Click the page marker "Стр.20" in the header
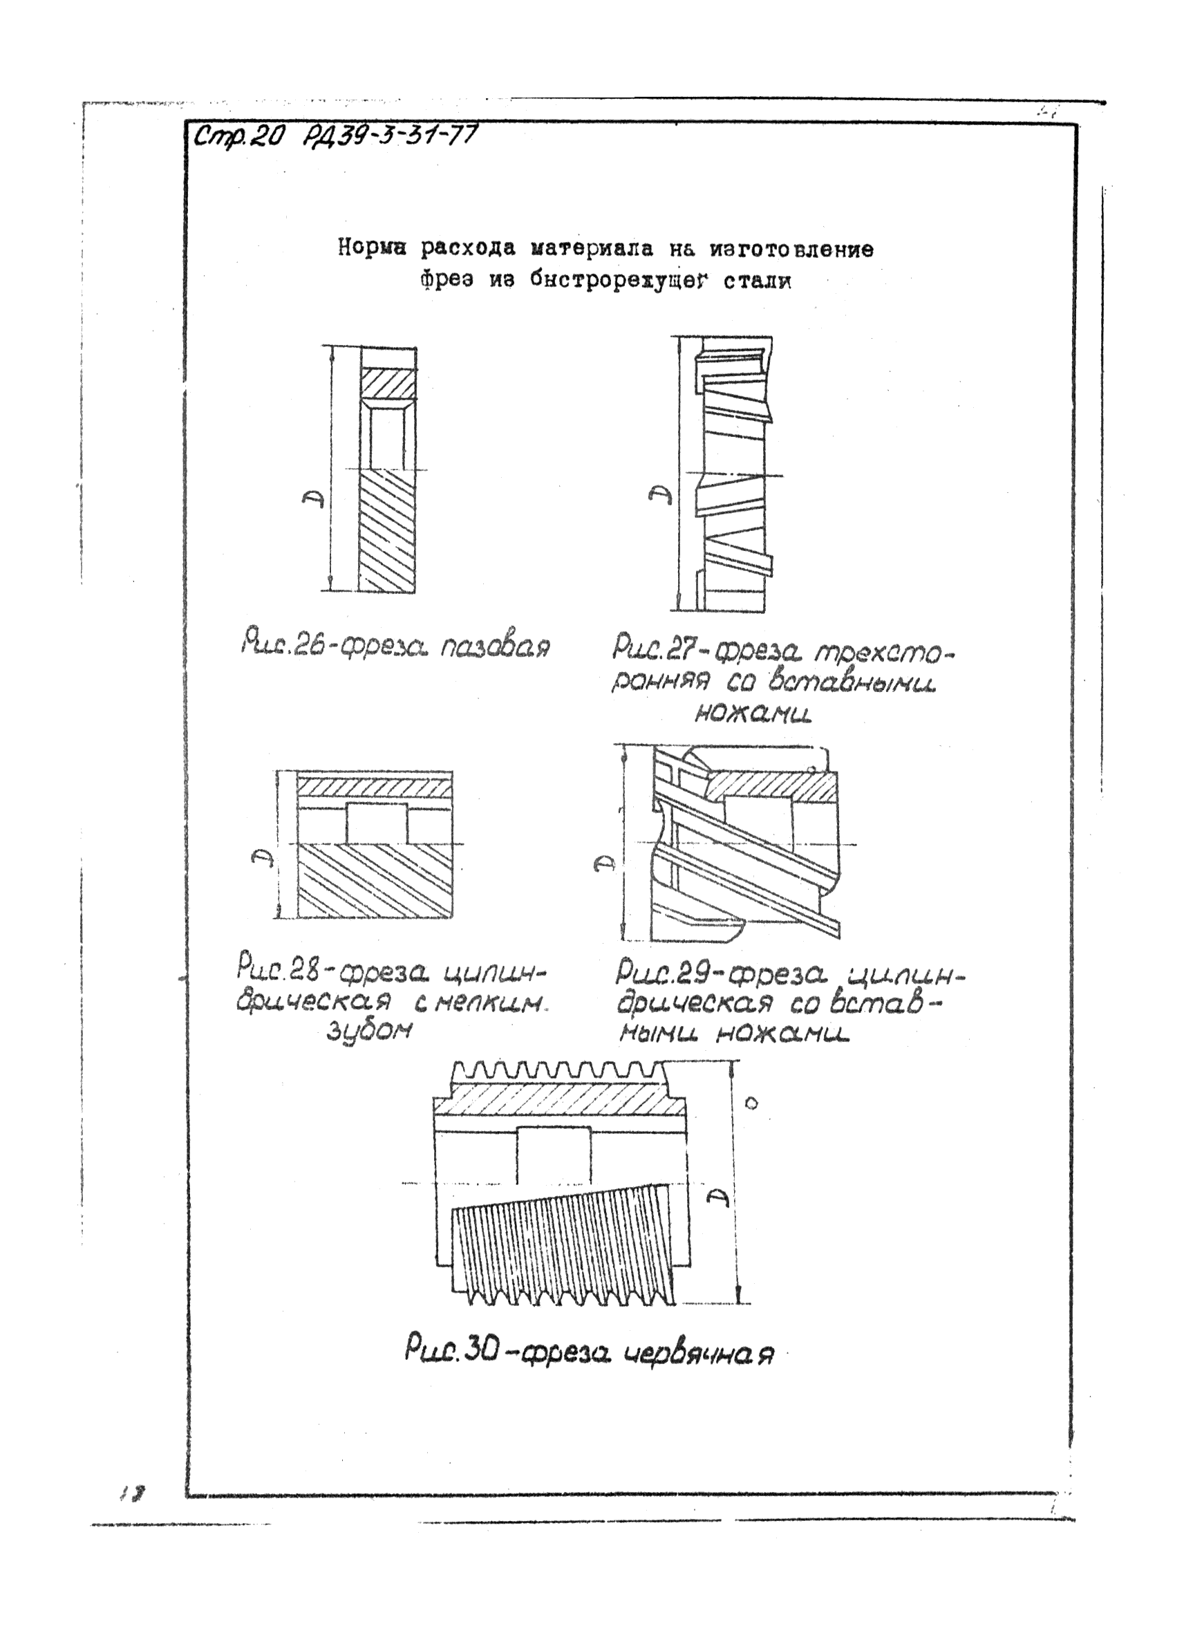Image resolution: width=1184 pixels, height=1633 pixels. (x=240, y=136)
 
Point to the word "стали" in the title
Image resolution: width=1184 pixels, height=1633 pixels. (x=756, y=281)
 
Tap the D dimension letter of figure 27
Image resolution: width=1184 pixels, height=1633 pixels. (x=659, y=496)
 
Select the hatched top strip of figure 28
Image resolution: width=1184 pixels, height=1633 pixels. (x=374, y=787)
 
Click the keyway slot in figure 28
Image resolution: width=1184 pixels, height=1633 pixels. (x=377, y=823)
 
